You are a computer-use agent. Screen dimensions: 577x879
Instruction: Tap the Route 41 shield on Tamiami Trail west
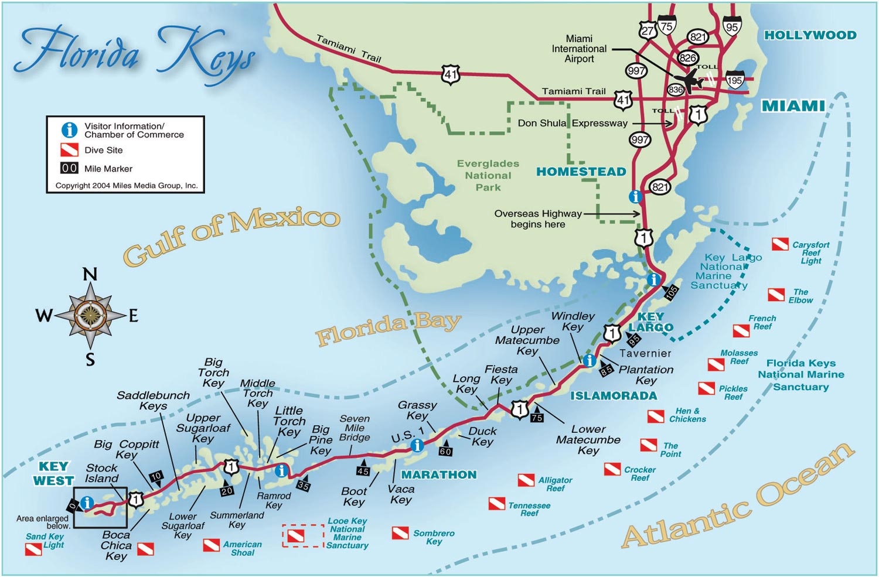(451, 74)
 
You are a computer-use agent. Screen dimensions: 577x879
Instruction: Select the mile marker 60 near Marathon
(445, 450)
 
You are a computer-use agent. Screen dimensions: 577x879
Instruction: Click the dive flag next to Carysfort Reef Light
(780, 244)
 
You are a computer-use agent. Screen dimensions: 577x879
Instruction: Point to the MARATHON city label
(438, 474)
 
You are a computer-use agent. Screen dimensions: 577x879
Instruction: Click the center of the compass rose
(90, 315)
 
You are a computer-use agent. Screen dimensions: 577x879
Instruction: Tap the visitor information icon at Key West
(87, 503)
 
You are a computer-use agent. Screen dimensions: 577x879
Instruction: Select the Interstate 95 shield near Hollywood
(732, 27)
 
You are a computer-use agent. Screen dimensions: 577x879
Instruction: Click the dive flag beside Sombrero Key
(400, 533)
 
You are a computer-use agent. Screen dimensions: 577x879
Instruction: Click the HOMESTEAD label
(581, 172)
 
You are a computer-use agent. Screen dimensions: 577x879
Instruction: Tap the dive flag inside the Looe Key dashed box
(296, 535)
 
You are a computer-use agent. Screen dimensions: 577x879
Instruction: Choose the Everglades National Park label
(488, 175)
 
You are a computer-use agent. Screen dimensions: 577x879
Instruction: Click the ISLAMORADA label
(614, 396)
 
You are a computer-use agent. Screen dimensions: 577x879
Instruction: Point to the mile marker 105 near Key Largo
(671, 291)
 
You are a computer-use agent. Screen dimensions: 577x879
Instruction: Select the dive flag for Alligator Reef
(526, 480)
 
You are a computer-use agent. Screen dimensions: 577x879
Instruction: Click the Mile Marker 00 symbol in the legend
(69, 168)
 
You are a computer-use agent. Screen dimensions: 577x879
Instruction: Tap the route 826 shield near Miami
(687, 57)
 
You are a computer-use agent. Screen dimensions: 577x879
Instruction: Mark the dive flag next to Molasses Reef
(716, 365)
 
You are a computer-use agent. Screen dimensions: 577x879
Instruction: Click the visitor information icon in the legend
(69, 129)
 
